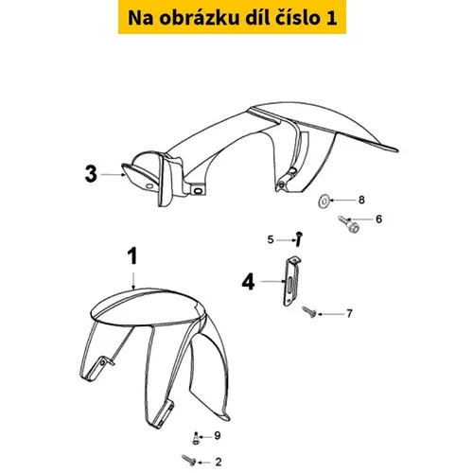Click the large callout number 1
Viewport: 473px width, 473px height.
(132, 256)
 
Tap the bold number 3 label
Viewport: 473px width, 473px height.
(91, 174)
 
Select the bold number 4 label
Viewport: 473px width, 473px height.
(248, 282)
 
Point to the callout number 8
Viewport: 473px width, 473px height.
(361, 200)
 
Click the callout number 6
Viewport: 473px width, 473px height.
(378, 219)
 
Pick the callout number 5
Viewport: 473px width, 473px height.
(271, 239)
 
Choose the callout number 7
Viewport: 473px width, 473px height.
(349, 314)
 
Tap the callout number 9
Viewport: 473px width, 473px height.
(218, 436)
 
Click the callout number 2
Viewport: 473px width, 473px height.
(219, 462)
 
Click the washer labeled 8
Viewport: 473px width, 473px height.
(323, 201)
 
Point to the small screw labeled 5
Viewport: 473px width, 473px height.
(299, 239)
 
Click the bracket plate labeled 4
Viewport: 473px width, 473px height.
(290, 281)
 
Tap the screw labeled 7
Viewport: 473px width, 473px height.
(309, 312)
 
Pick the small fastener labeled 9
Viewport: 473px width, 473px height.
(196, 438)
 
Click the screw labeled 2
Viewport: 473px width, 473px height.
(189, 460)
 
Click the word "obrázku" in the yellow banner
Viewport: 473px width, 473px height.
(199, 18)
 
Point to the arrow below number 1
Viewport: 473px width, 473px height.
(133, 281)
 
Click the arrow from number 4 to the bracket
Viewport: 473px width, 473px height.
(272, 281)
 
